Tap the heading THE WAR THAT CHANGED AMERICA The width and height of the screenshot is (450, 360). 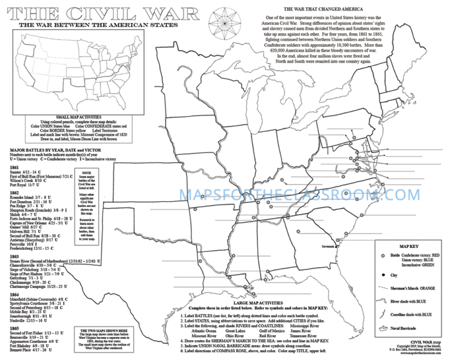325,9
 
